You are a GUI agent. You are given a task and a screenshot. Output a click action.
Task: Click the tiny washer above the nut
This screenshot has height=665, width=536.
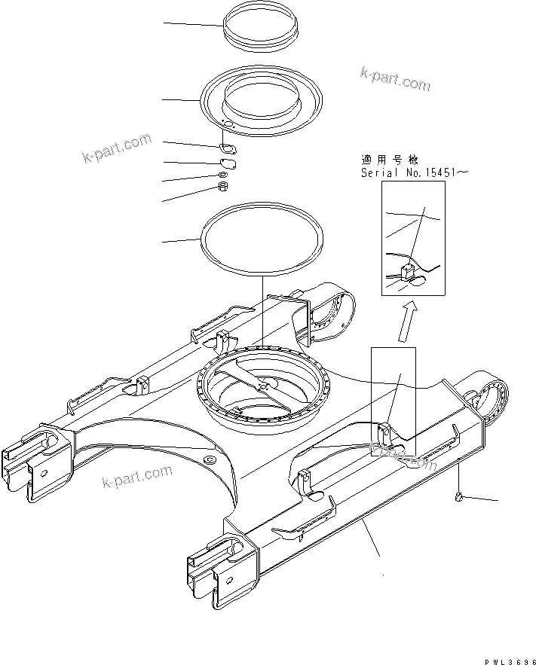tap(224, 174)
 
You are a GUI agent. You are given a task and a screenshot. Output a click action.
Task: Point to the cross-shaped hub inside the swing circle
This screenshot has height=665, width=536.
tap(262, 386)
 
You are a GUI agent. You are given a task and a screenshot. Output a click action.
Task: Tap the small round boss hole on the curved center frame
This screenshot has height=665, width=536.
tap(209, 459)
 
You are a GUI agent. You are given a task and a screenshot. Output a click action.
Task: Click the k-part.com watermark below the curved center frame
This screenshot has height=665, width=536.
tap(137, 477)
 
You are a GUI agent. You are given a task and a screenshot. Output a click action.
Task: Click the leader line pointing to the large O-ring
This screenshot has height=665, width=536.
tap(181, 242)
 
